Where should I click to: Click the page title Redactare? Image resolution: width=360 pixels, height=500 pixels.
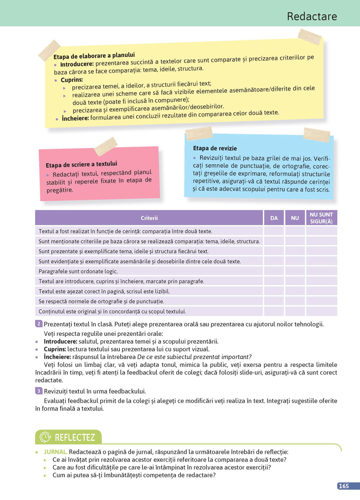click(312, 16)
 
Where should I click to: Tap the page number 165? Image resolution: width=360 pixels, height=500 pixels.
click(343, 486)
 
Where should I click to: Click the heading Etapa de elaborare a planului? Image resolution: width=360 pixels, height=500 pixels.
click(94, 56)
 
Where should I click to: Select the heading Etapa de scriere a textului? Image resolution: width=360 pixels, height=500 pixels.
click(81, 164)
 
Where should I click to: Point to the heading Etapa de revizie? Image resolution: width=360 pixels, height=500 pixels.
click(215, 148)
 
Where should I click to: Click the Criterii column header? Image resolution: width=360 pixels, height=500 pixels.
click(149, 218)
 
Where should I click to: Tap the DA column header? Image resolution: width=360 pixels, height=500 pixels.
click(274, 218)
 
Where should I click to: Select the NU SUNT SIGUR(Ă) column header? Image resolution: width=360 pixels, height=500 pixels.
click(321, 218)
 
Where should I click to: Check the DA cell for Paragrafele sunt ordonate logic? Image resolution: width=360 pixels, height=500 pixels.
click(274, 271)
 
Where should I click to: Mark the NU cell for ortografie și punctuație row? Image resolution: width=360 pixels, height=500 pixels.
click(295, 301)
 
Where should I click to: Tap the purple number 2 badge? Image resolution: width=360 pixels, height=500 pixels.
click(39, 324)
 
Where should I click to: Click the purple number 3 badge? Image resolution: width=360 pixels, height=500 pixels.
click(39, 391)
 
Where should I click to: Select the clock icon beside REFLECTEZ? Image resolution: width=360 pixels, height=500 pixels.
click(45, 437)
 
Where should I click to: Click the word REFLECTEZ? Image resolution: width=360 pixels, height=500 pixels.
click(75, 437)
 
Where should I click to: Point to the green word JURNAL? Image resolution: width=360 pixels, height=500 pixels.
click(55, 452)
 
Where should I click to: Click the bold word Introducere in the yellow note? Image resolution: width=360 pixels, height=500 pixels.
click(77, 64)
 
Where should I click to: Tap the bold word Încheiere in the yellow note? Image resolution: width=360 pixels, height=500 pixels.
click(75, 118)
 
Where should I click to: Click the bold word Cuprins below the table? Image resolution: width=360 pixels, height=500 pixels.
click(55, 349)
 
